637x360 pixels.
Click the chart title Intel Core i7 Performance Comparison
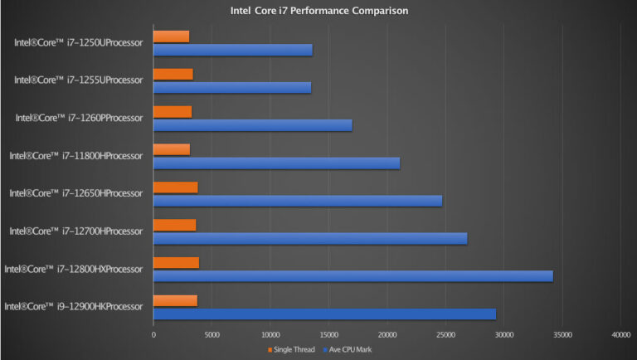(319, 12)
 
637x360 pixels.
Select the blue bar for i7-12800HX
(353, 276)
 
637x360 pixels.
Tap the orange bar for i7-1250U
(172, 36)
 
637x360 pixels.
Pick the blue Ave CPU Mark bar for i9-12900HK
(324, 314)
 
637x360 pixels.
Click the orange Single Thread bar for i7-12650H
(176, 187)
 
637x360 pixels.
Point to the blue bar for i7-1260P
(253, 125)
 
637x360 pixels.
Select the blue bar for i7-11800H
(276, 163)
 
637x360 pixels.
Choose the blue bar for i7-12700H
(310, 238)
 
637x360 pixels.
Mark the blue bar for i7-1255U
(232, 87)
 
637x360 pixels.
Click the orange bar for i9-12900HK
(175, 300)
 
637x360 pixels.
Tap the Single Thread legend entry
(290, 350)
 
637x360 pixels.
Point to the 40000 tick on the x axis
(620, 335)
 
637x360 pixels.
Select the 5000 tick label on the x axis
(212, 335)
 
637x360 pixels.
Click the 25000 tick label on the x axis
(445, 335)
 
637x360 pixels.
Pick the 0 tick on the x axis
(153, 335)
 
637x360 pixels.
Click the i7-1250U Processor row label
(79, 42)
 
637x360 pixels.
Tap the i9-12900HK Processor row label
(74, 307)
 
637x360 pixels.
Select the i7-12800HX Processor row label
(74, 269)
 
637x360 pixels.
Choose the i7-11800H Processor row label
(76, 155)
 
